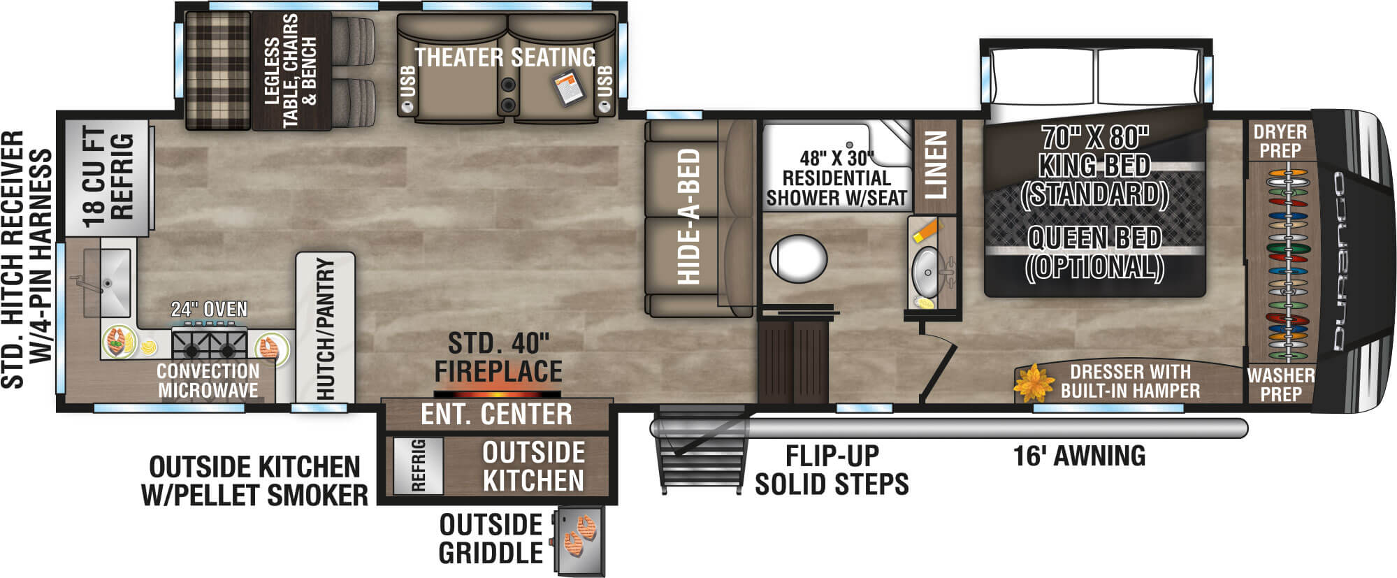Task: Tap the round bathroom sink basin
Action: [927, 265]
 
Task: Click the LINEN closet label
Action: [935, 164]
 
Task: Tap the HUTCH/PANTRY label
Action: [325, 328]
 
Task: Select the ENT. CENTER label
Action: [496, 414]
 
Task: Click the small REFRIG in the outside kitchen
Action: [418, 465]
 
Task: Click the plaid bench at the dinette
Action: [217, 70]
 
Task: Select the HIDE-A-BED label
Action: [689, 217]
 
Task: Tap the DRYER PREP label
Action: [1280, 140]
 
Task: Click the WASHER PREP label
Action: [1280, 384]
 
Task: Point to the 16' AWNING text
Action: [1079, 456]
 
